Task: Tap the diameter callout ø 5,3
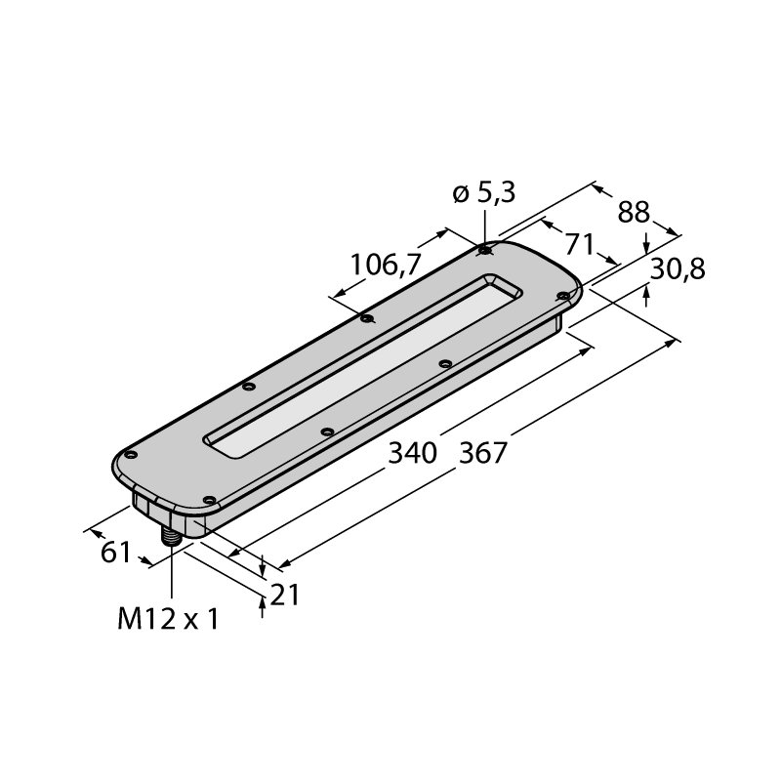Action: point(483,193)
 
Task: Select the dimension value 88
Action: point(634,212)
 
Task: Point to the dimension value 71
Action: point(580,244)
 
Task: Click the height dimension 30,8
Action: point(678,269)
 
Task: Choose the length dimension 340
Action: point(412,453)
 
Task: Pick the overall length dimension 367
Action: point(482,453)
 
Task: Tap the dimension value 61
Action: point(115,553)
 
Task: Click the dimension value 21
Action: point(284,595)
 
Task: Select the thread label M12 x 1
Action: point(168,620)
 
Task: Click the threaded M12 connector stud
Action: point(171,537)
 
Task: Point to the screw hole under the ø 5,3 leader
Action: point(483,250)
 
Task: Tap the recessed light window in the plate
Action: point(363,365)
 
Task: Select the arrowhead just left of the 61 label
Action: point(97,534)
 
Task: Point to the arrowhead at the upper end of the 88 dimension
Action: point(598,189)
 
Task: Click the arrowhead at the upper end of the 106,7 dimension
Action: point(440,232)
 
